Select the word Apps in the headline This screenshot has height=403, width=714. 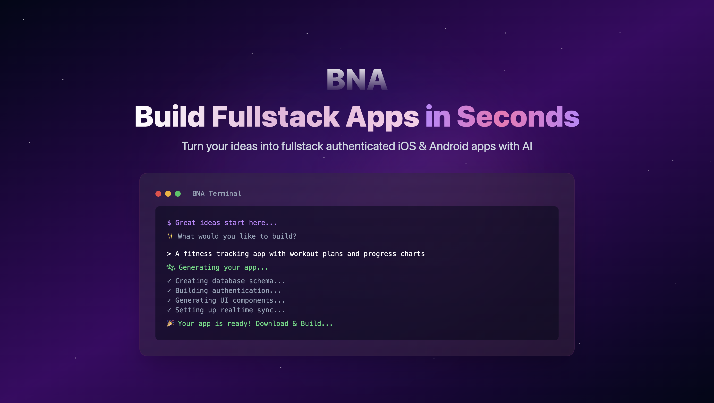[x=382, y=118]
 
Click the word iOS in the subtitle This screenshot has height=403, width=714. [x=407, y=146]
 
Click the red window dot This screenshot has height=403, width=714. [x=158, y=194]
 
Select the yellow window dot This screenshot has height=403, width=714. [x=168, y=194]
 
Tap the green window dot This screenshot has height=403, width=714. [x=178, y=194]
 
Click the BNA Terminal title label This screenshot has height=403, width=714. [x=217, y=194]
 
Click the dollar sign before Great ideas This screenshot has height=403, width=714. [x=169, y=223]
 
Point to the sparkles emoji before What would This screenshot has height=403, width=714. [x=170, y=236]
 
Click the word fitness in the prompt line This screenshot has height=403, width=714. [x=198, y=254]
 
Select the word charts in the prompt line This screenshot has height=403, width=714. [x=412, y=254]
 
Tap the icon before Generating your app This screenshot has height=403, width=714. [x=171, y=267]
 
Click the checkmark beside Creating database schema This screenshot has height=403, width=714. [x=169, y=281]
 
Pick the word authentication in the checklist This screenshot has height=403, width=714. [x=241, y=291]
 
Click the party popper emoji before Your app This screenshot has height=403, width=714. [x=170, y=323]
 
